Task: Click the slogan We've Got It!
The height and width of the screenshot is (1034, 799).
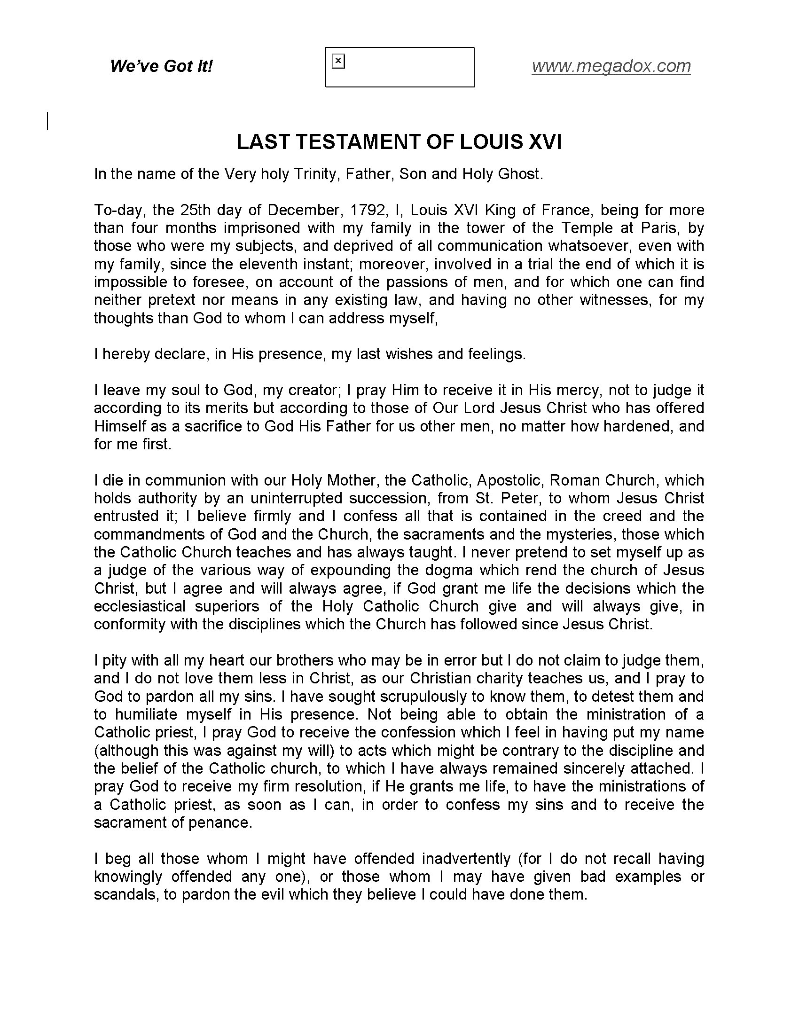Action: point(161,66)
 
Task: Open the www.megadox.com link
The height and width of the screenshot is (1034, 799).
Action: point(611,66)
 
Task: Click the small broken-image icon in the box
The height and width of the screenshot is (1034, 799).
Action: point(338,61)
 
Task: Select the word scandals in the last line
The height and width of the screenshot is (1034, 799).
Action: point(125,895)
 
